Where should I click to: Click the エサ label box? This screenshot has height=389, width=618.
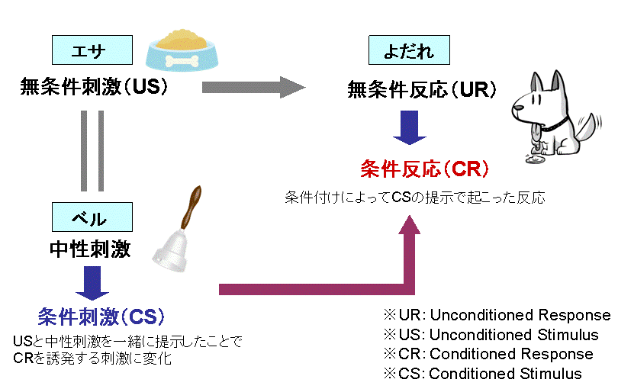tap(92, 50)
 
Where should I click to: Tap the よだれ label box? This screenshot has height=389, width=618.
tap(409, 50)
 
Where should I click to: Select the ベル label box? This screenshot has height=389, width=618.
tap(92, 217)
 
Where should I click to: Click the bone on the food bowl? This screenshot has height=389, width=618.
tap(182, 61)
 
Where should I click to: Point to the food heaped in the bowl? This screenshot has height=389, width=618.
tap(182, 40)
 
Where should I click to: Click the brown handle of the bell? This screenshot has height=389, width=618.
tap(192, 207)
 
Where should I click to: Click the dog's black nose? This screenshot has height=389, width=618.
tap(516, 108)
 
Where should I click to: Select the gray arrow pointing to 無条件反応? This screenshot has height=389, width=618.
tap(254, 87)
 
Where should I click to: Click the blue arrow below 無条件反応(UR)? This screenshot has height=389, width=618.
tap(410, 127)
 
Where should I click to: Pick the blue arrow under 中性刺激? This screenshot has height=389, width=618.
tap(92, 283)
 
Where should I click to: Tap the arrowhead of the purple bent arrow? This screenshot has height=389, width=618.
tap(410, 225)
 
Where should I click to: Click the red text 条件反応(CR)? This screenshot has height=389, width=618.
tap(425, 169)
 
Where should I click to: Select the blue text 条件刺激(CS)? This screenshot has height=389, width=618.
tap(101, 317)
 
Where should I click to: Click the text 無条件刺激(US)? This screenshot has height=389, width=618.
tap(94, 87)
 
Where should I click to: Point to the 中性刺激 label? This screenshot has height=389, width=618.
tap(90, 249)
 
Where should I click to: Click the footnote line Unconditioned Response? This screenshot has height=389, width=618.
tap(497, 315)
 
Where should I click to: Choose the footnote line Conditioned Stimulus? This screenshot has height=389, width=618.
tap(482, 373)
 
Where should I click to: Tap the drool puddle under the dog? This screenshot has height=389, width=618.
tap(536, 159)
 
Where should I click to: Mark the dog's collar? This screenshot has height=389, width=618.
tap(555, 125)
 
